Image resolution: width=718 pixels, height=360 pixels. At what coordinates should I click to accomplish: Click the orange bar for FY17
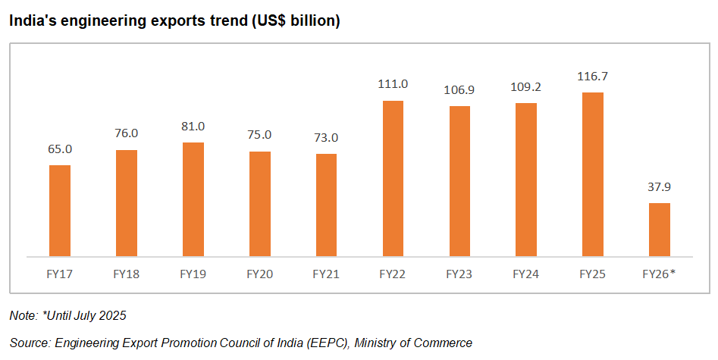click(x=60, y=211)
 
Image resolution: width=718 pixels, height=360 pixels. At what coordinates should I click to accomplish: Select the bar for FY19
click(x=193, y=199)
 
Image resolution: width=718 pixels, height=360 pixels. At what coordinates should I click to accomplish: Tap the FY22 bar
click(x=393, y=178)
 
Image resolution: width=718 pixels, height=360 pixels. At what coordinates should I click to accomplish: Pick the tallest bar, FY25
click(x=592, y=174)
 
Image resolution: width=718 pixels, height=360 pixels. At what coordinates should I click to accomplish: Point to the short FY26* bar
click(x=659, y=230)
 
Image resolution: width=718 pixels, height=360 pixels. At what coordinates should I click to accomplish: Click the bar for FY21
click(x=326, y=205)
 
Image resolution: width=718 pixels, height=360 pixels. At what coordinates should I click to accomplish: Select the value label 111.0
click(x=393, y=84)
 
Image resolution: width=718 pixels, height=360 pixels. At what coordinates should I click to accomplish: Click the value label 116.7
click(x=592, y=77)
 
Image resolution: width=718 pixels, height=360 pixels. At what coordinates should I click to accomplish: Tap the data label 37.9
click(x=659, y=186)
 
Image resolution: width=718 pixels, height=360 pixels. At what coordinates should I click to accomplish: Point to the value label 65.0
click(x=60, y=149)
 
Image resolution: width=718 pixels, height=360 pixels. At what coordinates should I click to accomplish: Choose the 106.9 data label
click(x=459, y=90)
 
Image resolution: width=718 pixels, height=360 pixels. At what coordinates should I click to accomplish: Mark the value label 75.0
click(x=259, y=136)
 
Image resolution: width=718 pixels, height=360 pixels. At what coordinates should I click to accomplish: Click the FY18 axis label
click(x=127, y=274)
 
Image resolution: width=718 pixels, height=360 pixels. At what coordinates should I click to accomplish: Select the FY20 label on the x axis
click(x=259, y=274)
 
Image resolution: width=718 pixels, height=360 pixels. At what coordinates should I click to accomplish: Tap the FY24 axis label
click(x=525, y=274)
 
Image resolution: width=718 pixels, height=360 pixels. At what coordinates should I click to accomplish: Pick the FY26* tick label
click(x=659, y=274)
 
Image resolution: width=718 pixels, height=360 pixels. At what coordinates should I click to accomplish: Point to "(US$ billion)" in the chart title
click(x=294, y=22)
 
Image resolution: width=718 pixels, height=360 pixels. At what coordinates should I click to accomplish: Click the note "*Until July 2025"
click(x=83, y=315)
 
